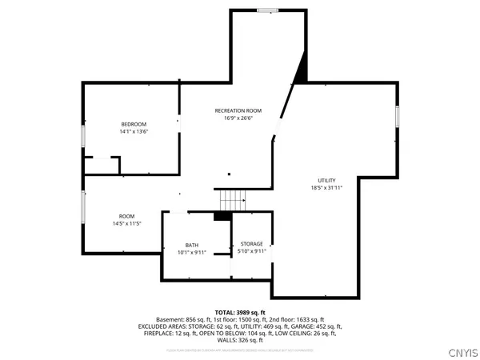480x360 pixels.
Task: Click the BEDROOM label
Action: tap(134, 124)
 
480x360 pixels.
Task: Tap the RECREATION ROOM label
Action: tap(238, 110)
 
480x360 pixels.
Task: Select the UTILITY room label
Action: tap(326, 181)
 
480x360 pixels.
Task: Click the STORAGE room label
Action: tap(251, 244)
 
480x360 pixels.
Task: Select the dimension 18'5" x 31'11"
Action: tap(326, 189)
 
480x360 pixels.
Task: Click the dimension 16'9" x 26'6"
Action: tap(238, 118)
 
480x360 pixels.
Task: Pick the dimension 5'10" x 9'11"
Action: tap(251, 252)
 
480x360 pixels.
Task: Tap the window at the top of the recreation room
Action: tap(267, 10)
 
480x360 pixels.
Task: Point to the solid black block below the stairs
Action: tap(222, 215)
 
